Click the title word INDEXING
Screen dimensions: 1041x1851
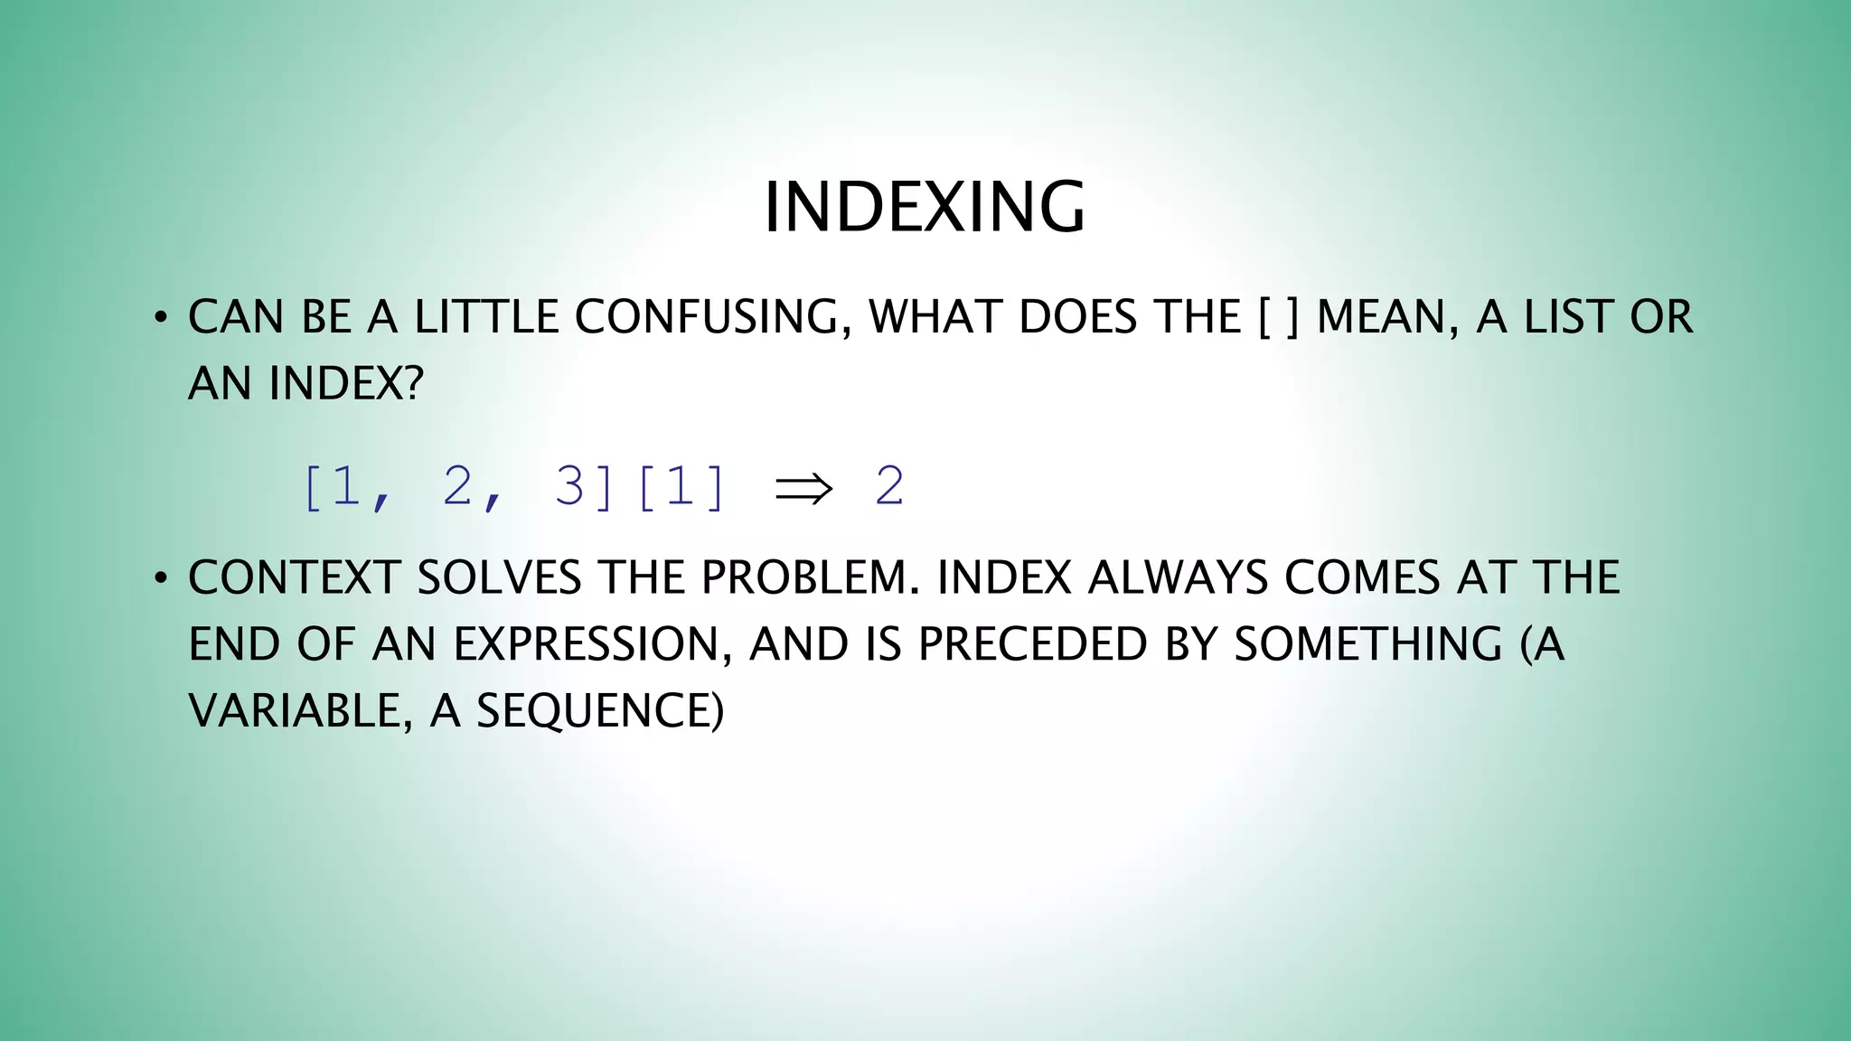pyautogui.click(x=924, y=208)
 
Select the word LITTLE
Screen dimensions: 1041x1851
pyautogui.click(x=486, y=317)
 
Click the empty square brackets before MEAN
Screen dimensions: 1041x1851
pyautogui.click(x=1278, y=317)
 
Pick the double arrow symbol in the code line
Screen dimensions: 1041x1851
pyautogui.click(x=803, y=488)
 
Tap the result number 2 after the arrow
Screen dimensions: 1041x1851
pyautogui.click(x=889, y=487)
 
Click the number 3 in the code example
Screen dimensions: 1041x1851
pyautogui.click(x=569, y=487)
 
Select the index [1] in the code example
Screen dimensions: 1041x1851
pyautogui.click(x=681, y=487)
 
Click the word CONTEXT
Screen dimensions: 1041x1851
pyautogui.click(x=294, y=578)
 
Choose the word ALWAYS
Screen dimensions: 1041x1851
pyautogui.click(x=1178, y=578)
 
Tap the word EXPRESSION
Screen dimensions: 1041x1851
pyautogui.click(x=593, y=645)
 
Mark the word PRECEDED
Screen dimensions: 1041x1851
pyautogui.click(x=1032, y=645)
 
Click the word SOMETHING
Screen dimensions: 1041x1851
pyautogui.click(x=1367, y=645)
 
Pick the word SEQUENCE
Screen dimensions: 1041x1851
pyautogui.click(x=599, y=711)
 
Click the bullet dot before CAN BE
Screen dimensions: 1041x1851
pyautogui.click(x=160, y=318)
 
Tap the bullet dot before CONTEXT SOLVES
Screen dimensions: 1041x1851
pyautogui.click(x=160, y=579)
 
